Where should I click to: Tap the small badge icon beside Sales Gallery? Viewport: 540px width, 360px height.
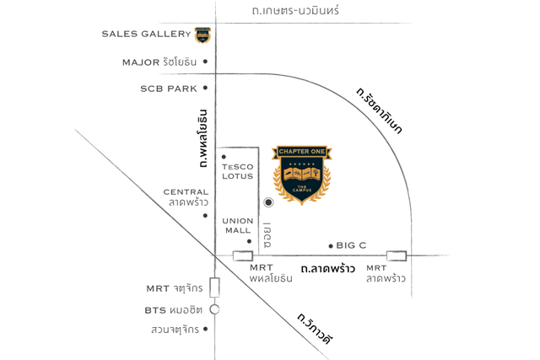click(202, 35)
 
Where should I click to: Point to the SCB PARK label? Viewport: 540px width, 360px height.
click(169, 88)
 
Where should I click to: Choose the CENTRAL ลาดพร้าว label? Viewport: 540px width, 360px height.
click(186, 197)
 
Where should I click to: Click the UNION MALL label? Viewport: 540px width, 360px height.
click(238, 225)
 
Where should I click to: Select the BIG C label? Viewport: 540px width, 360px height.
click(351, 245)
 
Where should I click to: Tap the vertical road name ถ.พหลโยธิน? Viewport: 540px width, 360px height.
click(202, 138)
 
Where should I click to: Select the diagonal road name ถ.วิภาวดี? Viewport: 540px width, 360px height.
click(315, 330)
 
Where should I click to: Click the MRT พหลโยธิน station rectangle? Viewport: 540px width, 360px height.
click(243, 255)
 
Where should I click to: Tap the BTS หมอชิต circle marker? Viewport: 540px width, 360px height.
click(215, 309)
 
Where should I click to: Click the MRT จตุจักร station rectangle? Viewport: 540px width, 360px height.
click(215, 287)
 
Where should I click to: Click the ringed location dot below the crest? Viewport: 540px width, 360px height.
click(268, 202)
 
